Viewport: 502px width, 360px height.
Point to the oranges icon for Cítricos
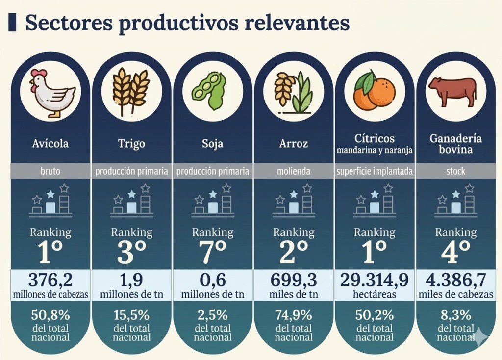[x=375, y=91]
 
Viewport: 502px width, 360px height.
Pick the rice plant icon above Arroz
[x=293, y=92]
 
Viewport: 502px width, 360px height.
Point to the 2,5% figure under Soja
[x=212, y=314]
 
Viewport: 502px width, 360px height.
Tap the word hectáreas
[x=375, y=294]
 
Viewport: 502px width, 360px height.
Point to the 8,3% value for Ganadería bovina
[x=456, y=314]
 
